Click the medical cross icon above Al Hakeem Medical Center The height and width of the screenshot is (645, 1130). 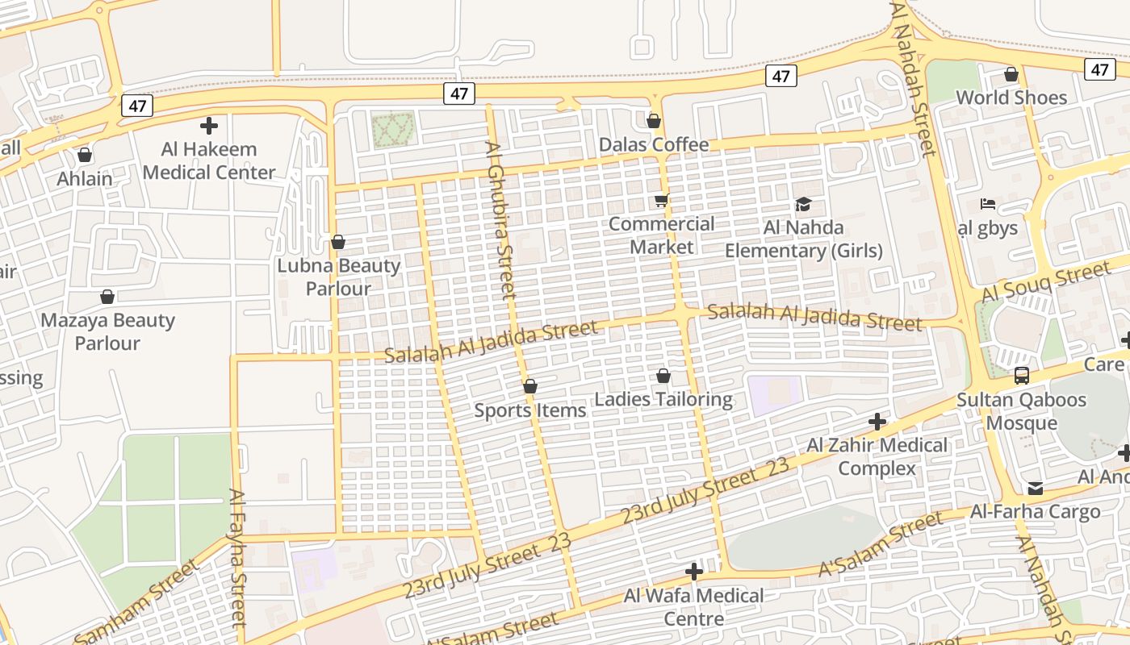click(x=209, y=126)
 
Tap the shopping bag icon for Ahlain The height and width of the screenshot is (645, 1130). click(x=85, y=155)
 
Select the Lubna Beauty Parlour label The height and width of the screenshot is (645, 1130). click(x=339, y=277)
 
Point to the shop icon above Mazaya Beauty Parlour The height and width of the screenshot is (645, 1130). click(x=107, y=298)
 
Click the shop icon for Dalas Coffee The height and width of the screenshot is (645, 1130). click(x=654, y=122)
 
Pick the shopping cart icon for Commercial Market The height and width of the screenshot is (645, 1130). click(x=662, y=201)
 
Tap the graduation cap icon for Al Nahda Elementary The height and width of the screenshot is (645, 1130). click(x=803, y=204)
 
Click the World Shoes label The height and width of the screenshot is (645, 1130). click(x=1011, y=98)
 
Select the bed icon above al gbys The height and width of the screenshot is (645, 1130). click(x=988, y=204)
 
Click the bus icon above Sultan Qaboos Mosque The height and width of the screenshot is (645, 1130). click(x=1022, y=375)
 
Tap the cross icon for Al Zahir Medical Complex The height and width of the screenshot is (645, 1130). click(x=877, y=422)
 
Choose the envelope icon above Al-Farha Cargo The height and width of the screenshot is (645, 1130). click(x=1036, y=489)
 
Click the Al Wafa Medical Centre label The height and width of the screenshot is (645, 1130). click(x=694, y=607)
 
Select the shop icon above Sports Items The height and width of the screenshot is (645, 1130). click(x=530, y=387)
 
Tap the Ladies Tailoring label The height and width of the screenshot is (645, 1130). click(x=663, y=399)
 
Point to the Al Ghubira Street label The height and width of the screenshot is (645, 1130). click(x=500, y=221)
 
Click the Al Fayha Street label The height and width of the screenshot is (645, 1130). click(x=236, y=558)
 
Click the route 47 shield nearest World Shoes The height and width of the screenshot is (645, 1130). click(x=1100, y=69)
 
